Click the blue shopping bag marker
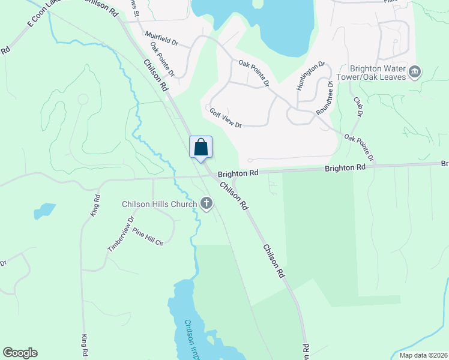coord(201,147)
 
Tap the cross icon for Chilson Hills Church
coord(206,204)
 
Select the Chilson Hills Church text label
coord(159,204)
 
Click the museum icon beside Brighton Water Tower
coord(414,73)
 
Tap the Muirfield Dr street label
coord(162,40)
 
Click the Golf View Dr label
coord(225,116)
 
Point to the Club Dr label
coord(359,107)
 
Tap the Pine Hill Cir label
coord(148,236)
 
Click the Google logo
coord(20,353)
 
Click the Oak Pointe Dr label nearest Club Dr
coord(359,148)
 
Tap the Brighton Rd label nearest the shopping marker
coord(238,173)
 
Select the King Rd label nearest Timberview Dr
coord(94,205)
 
